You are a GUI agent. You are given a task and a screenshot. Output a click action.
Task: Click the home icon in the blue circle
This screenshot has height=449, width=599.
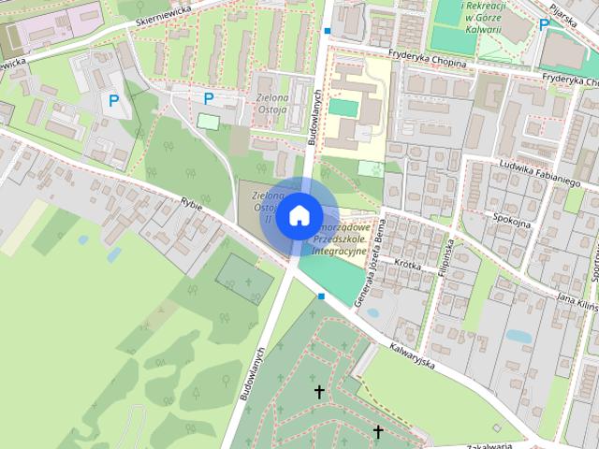coord(299,214)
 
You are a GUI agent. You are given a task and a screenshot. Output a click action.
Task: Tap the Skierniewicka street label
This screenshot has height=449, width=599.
coord(163,10)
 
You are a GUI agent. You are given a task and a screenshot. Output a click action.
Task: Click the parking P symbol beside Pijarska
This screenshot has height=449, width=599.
coord(544,25)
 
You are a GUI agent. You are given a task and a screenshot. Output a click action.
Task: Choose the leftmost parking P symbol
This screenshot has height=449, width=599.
coord(113,99)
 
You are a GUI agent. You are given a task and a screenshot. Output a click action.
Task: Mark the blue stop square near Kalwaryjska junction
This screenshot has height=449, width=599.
coord(321,296)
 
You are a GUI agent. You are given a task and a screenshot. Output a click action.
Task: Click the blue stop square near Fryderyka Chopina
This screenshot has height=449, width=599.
coord(327,31)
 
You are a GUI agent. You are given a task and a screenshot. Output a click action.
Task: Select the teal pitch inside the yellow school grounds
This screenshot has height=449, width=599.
coord(343,108)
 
